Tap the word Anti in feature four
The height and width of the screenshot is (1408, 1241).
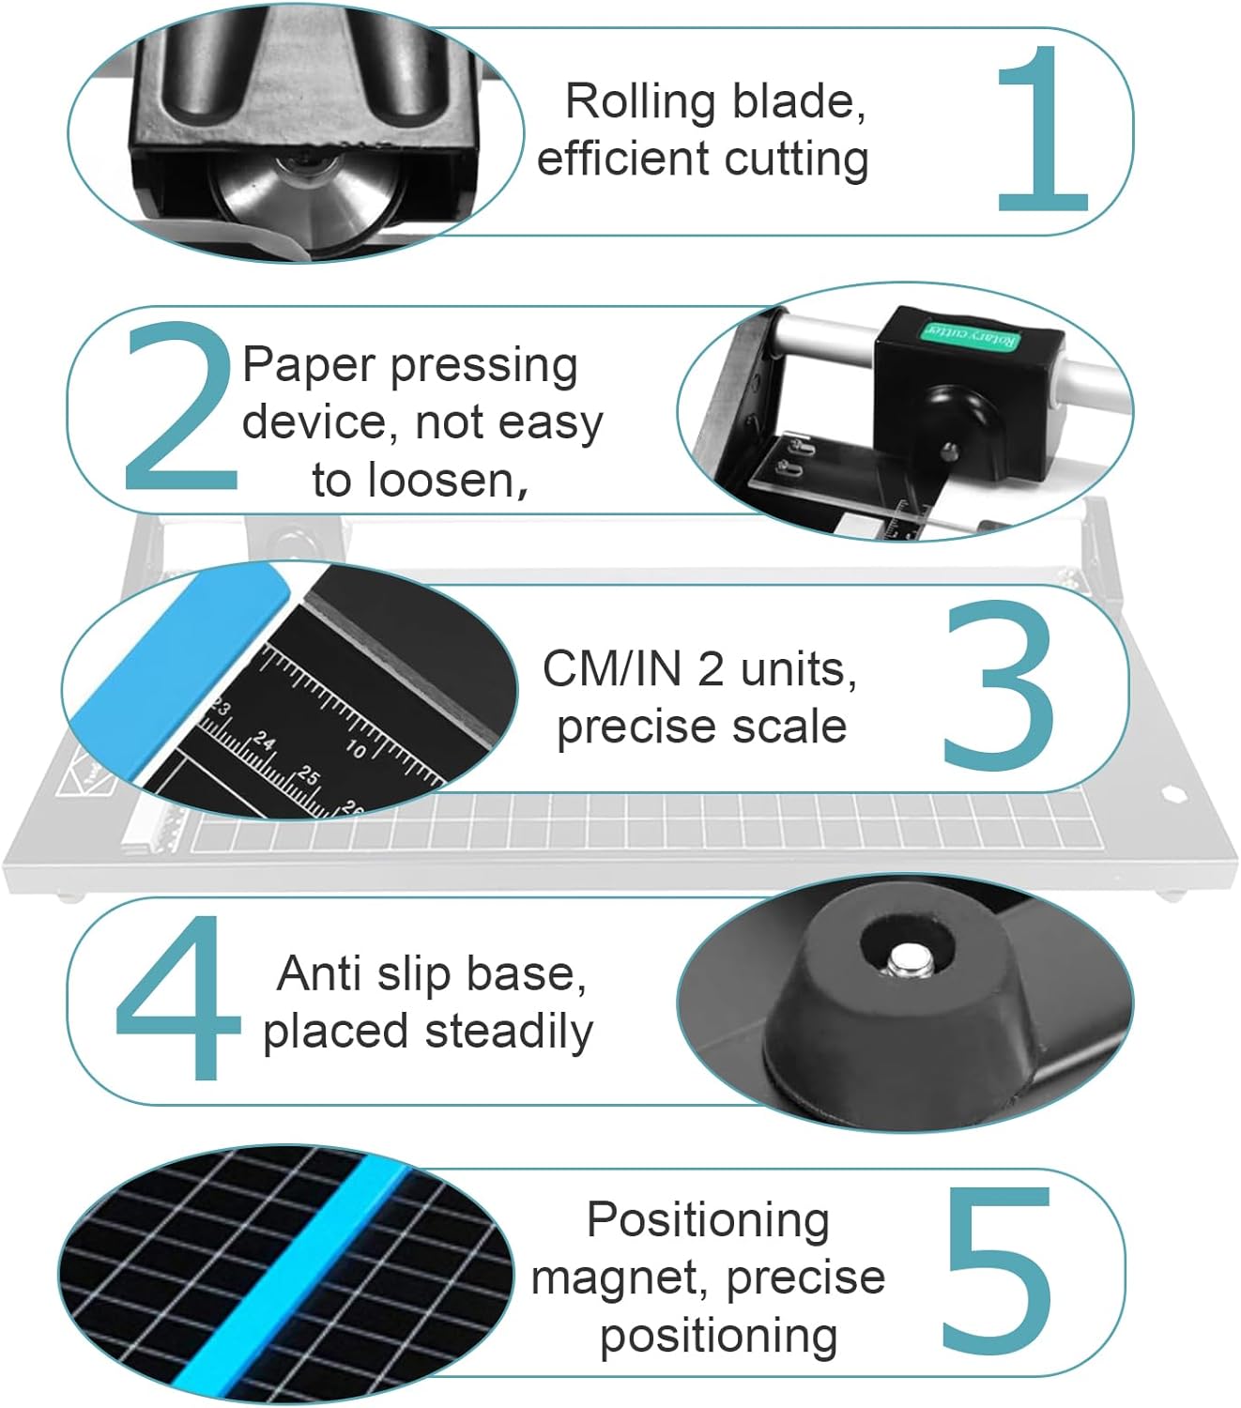(320, 973)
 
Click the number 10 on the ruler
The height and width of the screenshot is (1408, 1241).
(357, 748)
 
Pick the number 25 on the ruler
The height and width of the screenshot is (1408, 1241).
(308, 775)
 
